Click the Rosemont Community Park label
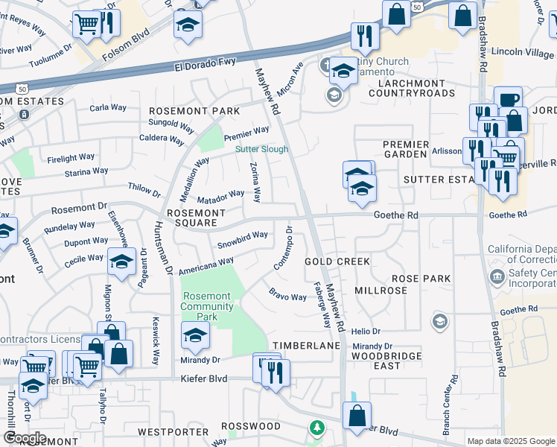[x=206, y=306]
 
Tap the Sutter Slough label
[x=261, y=149]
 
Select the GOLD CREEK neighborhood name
[x=337, y=261]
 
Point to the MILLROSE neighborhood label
[x=381, y=290]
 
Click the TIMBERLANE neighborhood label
[x=306, y=346]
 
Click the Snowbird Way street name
[x=242, y=239]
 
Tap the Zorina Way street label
[x=255, y=183]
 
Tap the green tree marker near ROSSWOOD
[x=317, y=428]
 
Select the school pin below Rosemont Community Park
[x=195, y=335]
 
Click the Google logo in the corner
[x=24, y=437]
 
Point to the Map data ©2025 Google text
[x=510, y=441]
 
